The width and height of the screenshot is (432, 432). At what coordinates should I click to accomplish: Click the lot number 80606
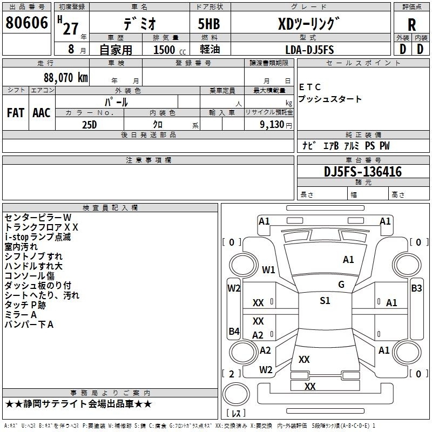click(x=26, y=23)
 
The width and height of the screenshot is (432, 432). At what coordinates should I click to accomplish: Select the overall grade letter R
click(x=411, y=25)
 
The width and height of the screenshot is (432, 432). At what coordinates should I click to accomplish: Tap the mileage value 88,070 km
click(x=66, y=77)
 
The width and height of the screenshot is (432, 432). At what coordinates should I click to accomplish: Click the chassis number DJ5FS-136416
click(x=363, y=171)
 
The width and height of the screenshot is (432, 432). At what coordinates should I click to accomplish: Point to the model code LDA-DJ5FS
click(x=309, y=50)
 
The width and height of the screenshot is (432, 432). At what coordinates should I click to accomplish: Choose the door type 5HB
click(x=209, y=24)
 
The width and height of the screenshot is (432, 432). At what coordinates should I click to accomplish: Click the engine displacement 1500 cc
click(x=170, y=50)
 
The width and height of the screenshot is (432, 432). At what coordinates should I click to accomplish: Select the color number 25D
click(x=90, y=125)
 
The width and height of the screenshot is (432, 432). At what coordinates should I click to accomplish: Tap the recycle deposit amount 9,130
click(x=272, y=125)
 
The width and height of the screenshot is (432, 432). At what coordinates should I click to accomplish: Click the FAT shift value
click(x=16, y=113)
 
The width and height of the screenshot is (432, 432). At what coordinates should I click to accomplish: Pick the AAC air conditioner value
click(x=42, y=113)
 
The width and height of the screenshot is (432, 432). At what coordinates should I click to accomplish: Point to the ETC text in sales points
click(x=310, y=87)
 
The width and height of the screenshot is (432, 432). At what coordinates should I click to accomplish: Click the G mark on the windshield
click(x=341, y=285)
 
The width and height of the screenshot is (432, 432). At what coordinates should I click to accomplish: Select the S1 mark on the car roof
click(x=325, y=301)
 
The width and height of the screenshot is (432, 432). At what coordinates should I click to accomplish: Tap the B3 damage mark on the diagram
click(x=416, y=288)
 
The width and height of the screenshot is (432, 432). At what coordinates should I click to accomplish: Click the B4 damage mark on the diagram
click(x=234, y=331)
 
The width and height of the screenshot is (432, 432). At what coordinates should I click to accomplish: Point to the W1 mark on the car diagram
click(x=268, y=269)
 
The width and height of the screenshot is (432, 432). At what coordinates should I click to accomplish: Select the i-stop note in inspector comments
click(x=38, y=237)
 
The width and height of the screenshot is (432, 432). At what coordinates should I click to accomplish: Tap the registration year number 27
click(x=71, y=29)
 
